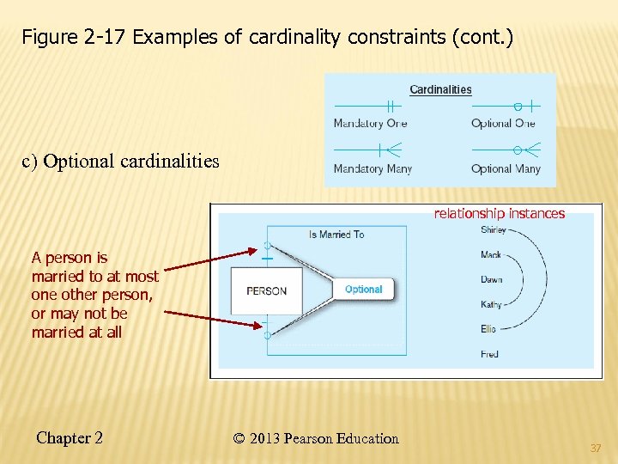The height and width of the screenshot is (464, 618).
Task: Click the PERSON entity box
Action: tap(266, 290)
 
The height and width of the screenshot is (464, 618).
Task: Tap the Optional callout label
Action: tap(363, 290)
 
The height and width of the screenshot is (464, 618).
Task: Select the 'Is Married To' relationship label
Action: tap(336, 234)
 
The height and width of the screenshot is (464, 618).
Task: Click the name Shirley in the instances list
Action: tap(494, 230)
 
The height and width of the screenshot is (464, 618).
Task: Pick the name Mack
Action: tap(491, 255)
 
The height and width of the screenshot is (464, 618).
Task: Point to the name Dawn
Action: tap(492, 279)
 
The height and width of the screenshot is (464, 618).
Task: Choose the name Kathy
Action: tap(492, 304)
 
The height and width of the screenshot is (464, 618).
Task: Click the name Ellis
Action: tap(489, 329)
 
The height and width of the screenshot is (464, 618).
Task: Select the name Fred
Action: tap(489, 354)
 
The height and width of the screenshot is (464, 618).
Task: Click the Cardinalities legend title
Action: tap(440, 89)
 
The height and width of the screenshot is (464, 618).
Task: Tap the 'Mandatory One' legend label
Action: tap(370, 124)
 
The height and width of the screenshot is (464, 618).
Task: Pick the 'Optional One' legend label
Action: tap(503, 124)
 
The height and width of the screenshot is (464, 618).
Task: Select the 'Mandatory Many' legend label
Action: tap(373, 169)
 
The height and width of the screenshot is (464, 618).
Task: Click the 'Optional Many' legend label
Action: tap(506, 169)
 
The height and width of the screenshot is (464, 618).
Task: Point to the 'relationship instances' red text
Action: tap(499, 213)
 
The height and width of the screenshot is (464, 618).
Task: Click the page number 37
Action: tap(596, 448)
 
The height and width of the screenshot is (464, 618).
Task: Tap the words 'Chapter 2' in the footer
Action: tap(70, 438)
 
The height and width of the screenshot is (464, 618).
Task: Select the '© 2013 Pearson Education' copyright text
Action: tap(316, 438)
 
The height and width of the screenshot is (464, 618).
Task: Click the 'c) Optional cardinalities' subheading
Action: tap(121, 162)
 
